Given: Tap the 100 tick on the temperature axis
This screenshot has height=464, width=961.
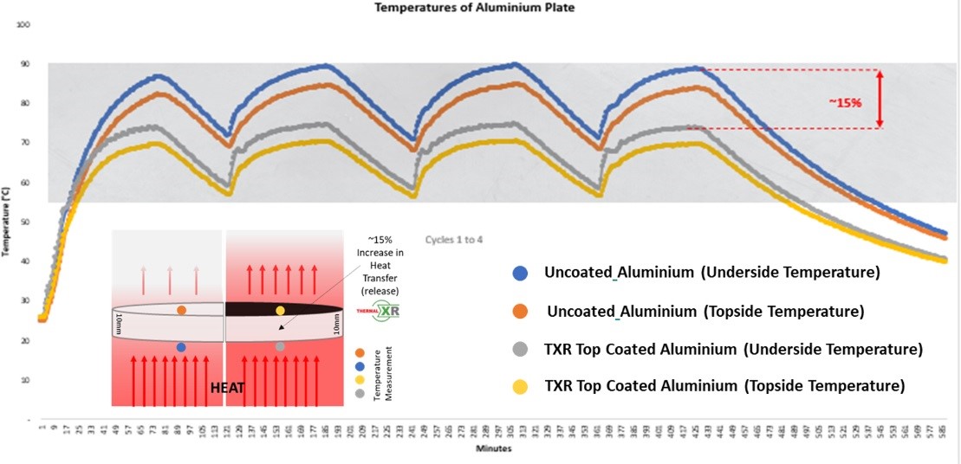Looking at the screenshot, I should pyautogui.click(x=24, y=24).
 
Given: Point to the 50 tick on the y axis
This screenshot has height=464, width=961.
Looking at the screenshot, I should pyautogui.click(x=26, y=222).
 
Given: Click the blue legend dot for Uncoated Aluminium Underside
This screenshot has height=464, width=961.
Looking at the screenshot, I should pyautogui.click(x=520, y=273).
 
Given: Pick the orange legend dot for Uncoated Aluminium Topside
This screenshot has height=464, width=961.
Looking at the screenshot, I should pyautogui.click(x=520, y=311).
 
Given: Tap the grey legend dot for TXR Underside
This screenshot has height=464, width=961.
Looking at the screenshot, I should pyautogui.click(x=520, y=350).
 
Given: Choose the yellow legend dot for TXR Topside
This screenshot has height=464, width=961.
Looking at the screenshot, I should pyautogui.click(x=520, y=386).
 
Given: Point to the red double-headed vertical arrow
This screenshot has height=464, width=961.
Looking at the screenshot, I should pyautogui.click(x=880, y=99).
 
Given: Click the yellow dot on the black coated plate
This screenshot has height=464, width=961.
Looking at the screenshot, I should pyautogui.click(x=280, y=310).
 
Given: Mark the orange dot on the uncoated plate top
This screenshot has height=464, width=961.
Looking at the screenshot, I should pyautogui.click(x=181, y=310).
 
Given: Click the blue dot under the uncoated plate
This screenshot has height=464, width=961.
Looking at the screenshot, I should pyautogui.click(x=181, y=347).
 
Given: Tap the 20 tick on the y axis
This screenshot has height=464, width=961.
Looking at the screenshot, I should pyautogui.click(x=26, y=341).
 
